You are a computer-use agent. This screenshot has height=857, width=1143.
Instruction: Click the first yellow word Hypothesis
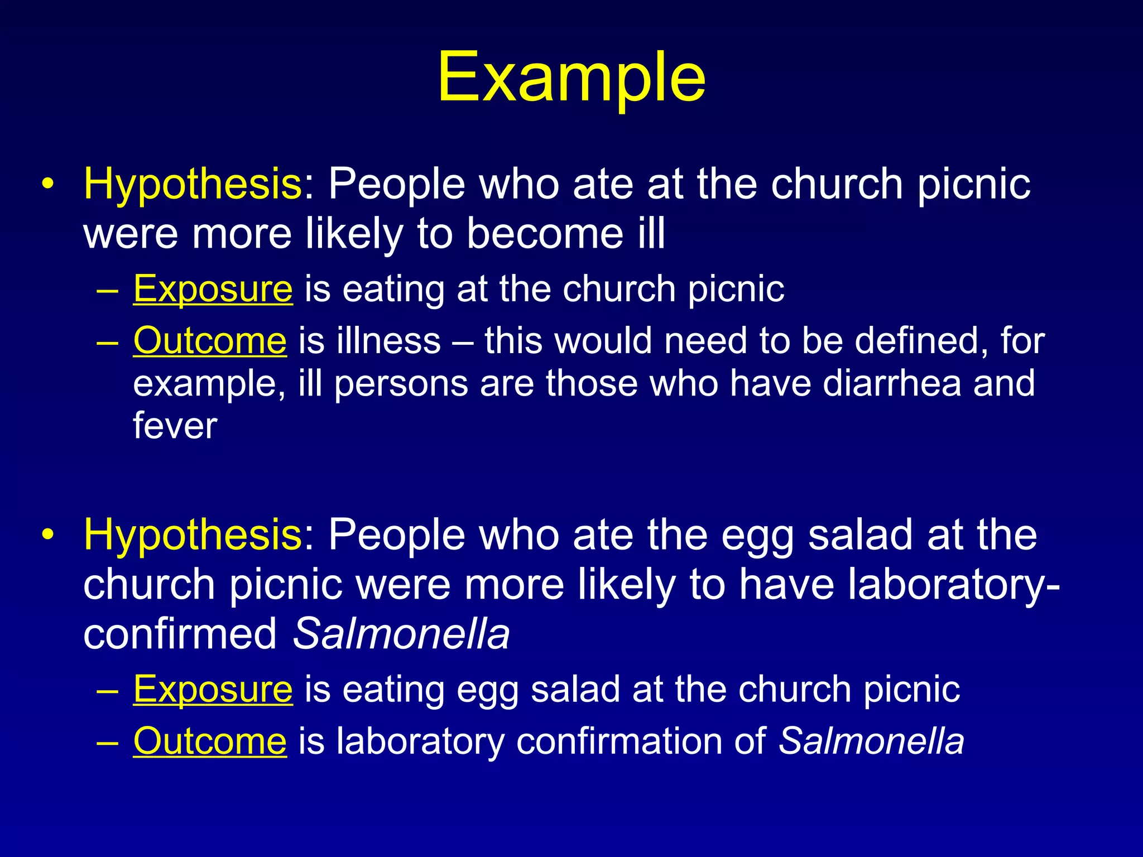(x=193, y=184)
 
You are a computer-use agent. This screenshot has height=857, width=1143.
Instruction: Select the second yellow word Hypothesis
(x=193, y=535)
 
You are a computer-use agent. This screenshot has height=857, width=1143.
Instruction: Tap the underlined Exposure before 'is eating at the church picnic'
(x=213, y=289)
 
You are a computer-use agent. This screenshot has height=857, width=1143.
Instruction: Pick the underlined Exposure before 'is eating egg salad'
(x=213, y=690)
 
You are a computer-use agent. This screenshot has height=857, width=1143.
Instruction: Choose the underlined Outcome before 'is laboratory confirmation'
(x=210, y=742)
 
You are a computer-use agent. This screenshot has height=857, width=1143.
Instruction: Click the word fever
(x=175, y=426)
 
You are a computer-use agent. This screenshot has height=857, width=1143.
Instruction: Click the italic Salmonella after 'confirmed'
(x=401, y=634)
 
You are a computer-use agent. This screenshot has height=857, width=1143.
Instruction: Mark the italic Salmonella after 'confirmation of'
(x=871, y=742)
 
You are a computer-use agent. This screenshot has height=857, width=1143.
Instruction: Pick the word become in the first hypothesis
(x=545, y=233)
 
